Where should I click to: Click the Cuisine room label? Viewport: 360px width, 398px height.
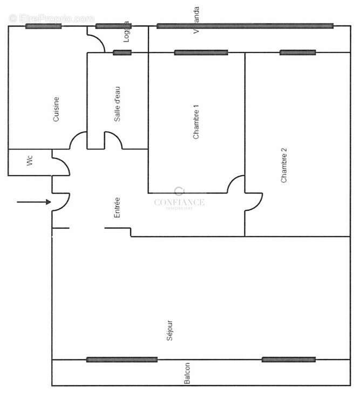tap(56, 109)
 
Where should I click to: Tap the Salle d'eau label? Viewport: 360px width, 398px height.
tap(117, 108)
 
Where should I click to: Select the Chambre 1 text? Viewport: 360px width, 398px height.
tap(196, 125)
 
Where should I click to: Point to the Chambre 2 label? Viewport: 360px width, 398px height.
tap(284, 166)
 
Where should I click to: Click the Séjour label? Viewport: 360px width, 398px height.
tap(170, 330)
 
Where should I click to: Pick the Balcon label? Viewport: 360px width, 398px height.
tap(187, 373)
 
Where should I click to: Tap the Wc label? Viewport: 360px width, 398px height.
tap(30, 161)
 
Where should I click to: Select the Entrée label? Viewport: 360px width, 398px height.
tap(117, 208)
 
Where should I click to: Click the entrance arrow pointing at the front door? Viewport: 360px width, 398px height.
tap(33, 202)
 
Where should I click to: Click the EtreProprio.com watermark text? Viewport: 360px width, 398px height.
tap(51, 18)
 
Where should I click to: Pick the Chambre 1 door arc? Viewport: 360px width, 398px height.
tap(236, 184)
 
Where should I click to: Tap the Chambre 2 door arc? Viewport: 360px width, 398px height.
tap(254, 202)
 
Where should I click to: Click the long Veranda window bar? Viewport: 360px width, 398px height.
tap(244, 25)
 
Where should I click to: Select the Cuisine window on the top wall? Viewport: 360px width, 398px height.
tap(43, 26)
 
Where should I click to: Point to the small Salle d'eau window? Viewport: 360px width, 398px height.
tap(122, 52)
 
